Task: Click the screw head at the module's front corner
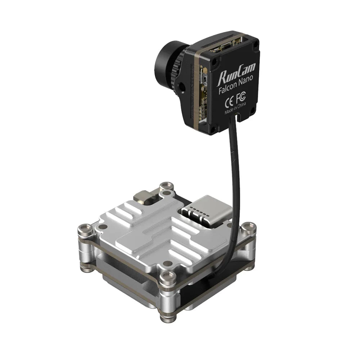pos(166,277)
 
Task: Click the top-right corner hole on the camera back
pos(256,45)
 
